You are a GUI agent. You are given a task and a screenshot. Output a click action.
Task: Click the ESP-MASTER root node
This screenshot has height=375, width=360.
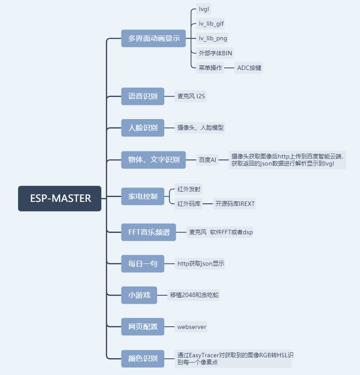60,198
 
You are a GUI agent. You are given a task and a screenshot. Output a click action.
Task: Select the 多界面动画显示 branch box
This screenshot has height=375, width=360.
154,39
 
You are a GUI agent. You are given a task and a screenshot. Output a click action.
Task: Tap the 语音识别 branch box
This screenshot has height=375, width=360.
143,96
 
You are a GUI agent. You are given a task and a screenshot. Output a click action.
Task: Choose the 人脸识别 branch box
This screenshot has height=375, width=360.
143,128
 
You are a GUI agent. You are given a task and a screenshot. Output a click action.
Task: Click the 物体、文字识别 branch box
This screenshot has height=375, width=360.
154,160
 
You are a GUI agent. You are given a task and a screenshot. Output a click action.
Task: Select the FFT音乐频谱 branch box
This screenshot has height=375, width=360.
148,232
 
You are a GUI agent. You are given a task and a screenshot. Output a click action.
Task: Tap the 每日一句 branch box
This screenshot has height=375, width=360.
143,263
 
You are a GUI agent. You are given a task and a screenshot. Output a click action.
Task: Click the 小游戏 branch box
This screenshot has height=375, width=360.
139,295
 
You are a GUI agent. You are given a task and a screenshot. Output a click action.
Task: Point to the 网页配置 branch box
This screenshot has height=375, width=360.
143,327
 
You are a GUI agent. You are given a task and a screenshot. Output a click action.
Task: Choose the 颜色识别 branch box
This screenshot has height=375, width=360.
143,359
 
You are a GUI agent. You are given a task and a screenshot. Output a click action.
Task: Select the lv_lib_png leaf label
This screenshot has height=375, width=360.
213,39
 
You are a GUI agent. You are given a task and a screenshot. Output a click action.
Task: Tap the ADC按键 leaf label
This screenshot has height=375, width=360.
249,68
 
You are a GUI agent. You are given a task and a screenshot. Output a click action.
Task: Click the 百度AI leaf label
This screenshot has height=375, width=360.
207,160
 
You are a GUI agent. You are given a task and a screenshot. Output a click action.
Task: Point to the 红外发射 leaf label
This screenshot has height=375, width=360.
189,189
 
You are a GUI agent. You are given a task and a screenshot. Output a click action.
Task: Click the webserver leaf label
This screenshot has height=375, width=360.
191,327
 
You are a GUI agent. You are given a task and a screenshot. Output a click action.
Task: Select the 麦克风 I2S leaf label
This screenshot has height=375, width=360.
191,96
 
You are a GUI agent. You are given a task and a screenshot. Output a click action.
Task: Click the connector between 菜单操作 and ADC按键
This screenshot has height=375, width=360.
229,68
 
